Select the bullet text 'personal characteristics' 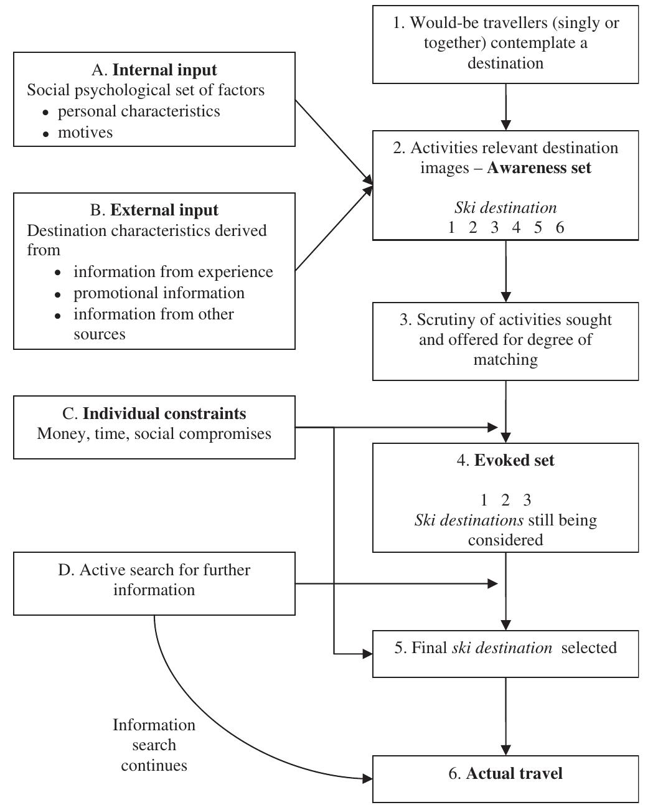pyautogui.click(x=139, y=111)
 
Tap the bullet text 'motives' pyautogui.click(x=85, y=132)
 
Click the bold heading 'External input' pyautogui.click(x=164, y=210)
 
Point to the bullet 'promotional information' pyautogui.click(x=159, y=293)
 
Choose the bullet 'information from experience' pyautogui.click(x=173, y=272)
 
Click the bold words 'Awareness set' pyautogui.click(x=539, y=168)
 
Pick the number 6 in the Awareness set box pyautogui.click(x=560, y=227)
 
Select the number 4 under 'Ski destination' pyautogui.click(x=516, y=227)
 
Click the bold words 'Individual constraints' pyautogui.click(x=164, y=413)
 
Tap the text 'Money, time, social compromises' pyautogui.click(x=154, y=433)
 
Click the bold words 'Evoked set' pyautogui.click(x=514, y=461)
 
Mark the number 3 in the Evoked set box pyautogui.click(x=527, y=500)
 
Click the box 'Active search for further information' pyautogui.click(x=154, y=583)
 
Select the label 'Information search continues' pyautogui.click(x=154, y=745)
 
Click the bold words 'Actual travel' pyautogui.click(x=514, y=773)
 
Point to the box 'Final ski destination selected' pyautogui.click(x=505, y=653)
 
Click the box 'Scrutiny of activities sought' pyautogui.click(x=505, y=341)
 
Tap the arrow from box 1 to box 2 pyautogui.click(x=506, y=106)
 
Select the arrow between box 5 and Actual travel pyautogui.click(x=506, y=716)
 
